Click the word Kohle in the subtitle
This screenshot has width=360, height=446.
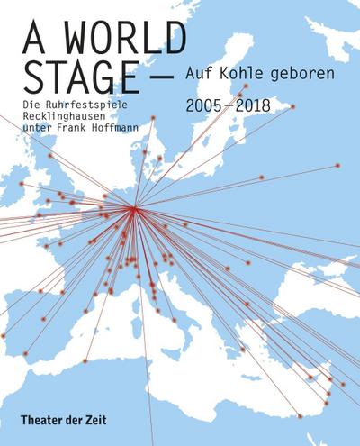tap(230, 70)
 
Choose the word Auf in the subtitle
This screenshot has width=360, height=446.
tap(196, 70)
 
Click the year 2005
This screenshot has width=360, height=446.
tap(203, 106)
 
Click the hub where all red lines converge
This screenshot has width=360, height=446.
tap(134, 208)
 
